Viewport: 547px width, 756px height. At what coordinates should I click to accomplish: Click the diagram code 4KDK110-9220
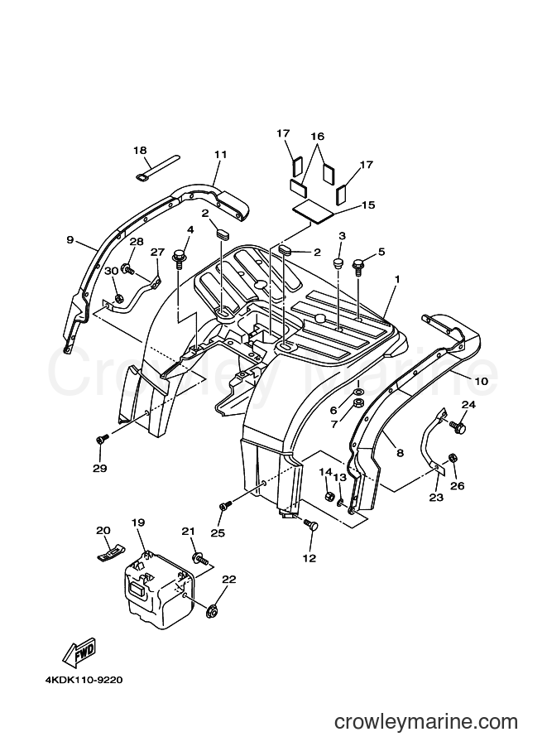(x=84, y=681)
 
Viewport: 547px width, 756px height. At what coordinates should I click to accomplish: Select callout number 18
(x=140, y=151)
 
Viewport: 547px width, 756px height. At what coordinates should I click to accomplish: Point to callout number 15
(x=368, y=205)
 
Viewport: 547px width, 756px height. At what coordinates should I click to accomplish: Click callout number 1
(x=397, y=279)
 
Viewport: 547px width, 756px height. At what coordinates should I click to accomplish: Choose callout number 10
(x=482, y=381)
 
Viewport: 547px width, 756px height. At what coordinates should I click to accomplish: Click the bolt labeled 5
(x=358, y=266)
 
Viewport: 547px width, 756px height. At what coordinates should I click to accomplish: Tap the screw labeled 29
(x=102, y=439)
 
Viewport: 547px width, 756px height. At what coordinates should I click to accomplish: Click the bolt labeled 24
(x=458, y=426)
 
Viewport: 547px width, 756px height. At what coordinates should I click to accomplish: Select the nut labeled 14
(x=330, y=495)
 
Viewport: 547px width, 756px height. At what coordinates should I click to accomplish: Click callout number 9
(x=70, y=239)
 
